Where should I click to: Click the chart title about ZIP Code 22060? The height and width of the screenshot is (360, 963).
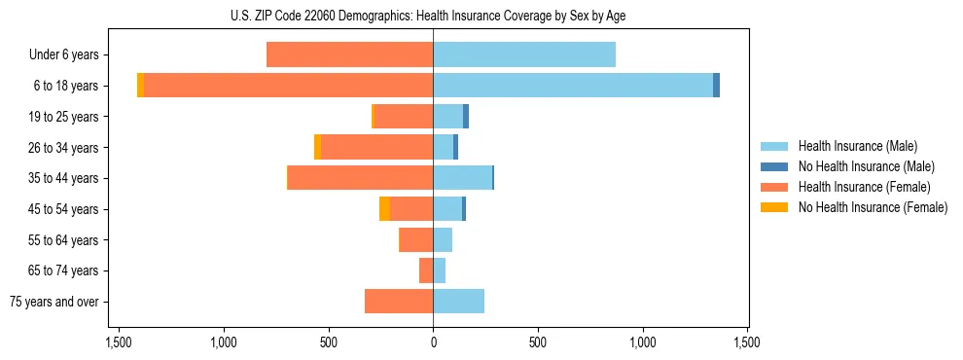pyautogui.click(x=433, y=16)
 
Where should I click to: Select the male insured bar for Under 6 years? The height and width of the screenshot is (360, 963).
pyautogui.click(x=524, y=54)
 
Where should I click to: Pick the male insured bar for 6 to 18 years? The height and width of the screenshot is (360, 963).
pyautogui.click(x=573, y=86)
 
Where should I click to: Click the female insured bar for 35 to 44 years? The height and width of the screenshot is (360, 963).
pyautogui.click(x=360, y=178)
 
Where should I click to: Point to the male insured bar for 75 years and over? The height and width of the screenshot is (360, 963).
pyautogui.click(x=458, y=302)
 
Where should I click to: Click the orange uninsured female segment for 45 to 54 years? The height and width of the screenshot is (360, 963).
pyautogui.click(x=384, y=209)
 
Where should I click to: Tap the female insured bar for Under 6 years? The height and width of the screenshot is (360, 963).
pyautogui.click(x=349, y=54)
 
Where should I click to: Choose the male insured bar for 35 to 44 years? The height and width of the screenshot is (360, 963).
pyautogui.click(x=462, y=178)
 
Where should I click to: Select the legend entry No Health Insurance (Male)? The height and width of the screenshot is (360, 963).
pyautogui.click(x=866, y=166)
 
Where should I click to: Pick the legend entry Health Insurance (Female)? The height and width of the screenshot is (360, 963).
pyautogui.click(x=864, y=187)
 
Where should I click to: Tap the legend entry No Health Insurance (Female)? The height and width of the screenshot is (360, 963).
pyautogui.click(x=873, y=207)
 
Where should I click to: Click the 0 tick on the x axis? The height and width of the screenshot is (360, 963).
pyautogui.click(x=433, y=342)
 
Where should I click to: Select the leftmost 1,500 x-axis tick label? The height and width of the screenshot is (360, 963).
pyautogui.click(x=119, y=342)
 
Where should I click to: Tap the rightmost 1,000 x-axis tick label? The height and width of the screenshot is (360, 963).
pyautogui.click(x=643, y=342)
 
